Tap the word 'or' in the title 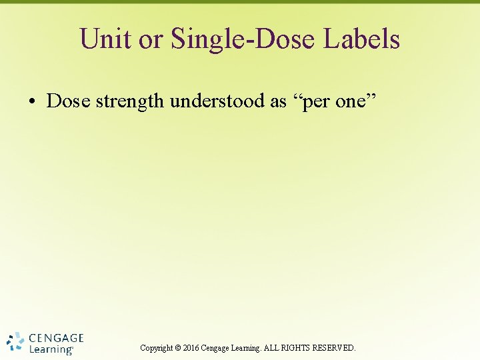point(151,39)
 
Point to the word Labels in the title point(362,39)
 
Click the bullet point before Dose point(31,101)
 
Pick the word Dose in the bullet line point(69,101)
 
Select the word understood point(223,101)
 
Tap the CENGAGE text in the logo point(56,338)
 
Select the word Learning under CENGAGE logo point(51,349)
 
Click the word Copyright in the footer point(156,348)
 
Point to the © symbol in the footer point(178,348)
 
